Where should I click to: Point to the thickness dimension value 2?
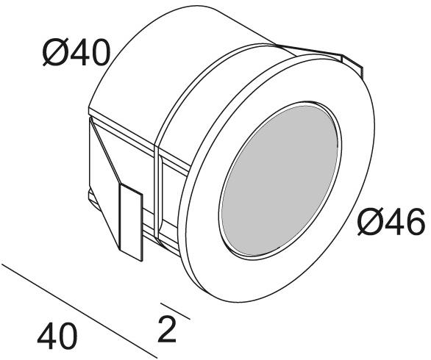click(x=167, y=330)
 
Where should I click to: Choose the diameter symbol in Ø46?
click(x=369, y=222)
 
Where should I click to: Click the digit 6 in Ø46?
click(x=413, y=222)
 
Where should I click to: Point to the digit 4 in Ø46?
click(x=393, y=222)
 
